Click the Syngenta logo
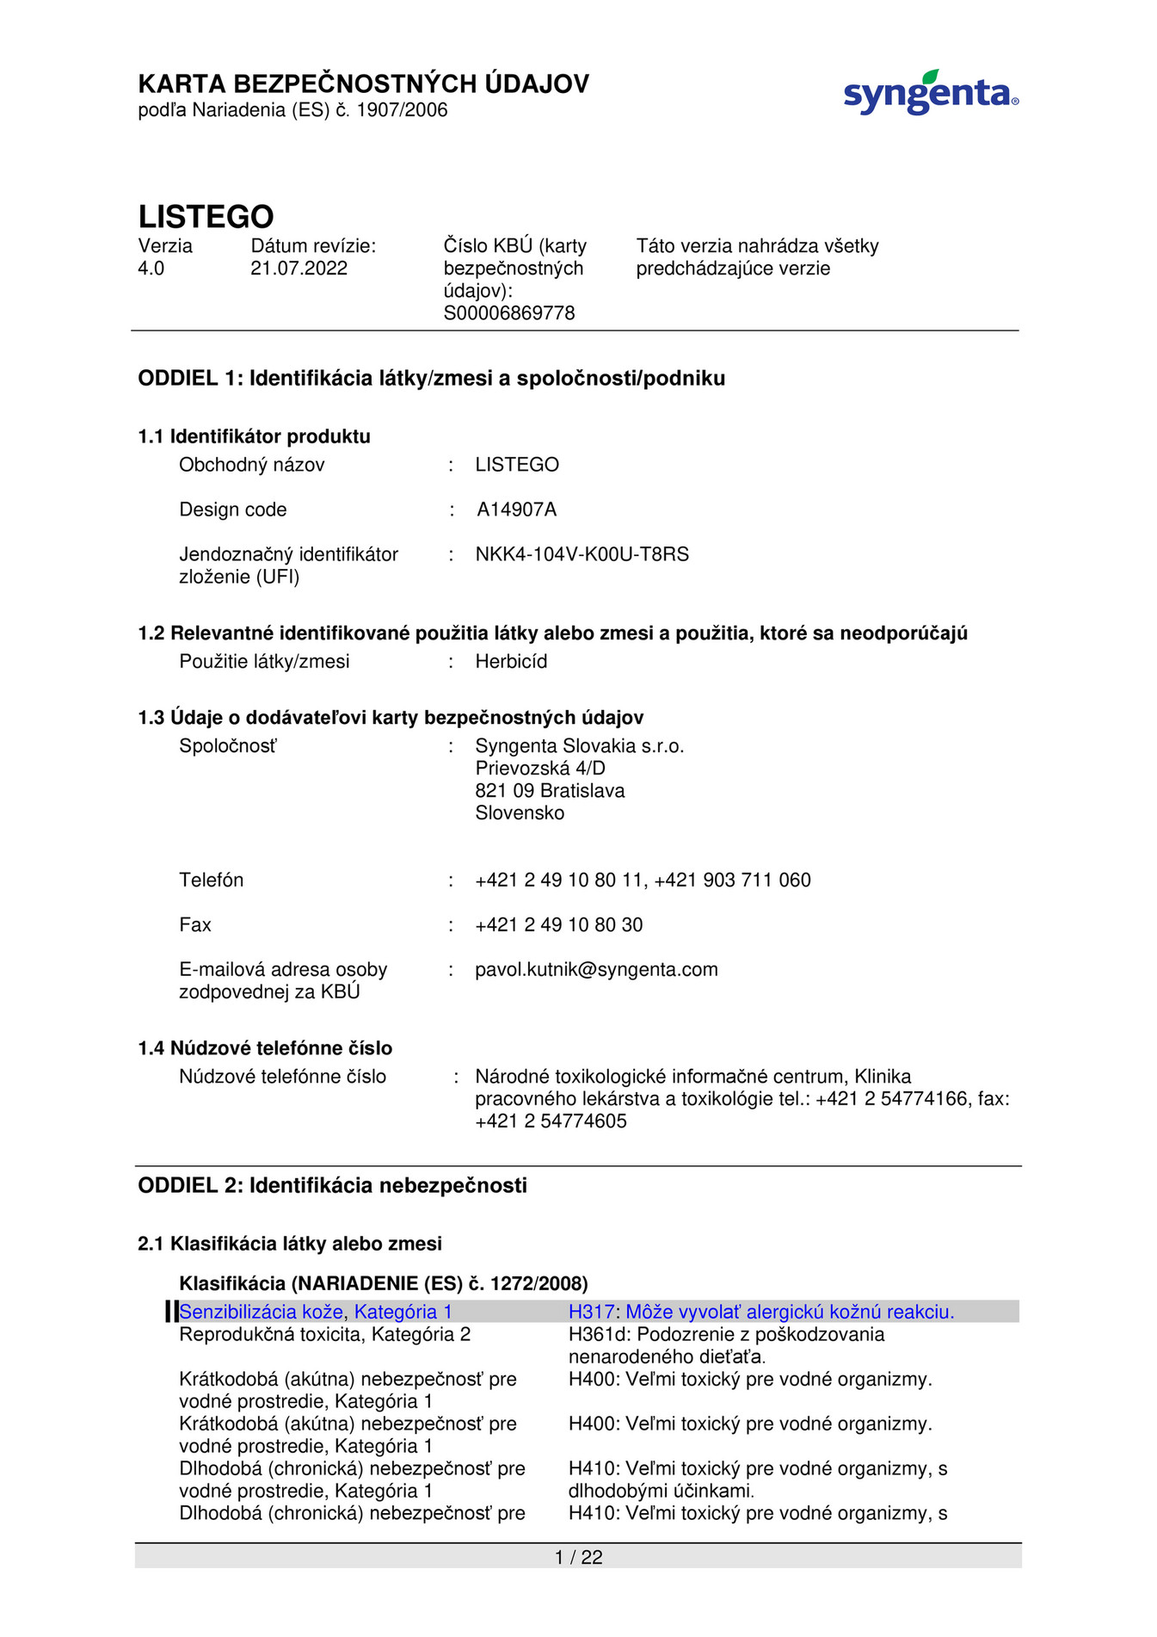pos(930,93)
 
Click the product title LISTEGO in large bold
pos(206,216)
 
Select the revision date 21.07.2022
pos(298,269)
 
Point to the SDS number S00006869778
pos(508,313)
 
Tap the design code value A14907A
pos(516,510)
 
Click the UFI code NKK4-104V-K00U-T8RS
pos(582,554)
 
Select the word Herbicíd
pos(511,662)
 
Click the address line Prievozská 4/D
pos(539,769)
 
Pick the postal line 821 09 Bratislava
pos(550,791)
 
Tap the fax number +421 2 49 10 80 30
pos(558,925)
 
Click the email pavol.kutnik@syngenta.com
pos(596,970)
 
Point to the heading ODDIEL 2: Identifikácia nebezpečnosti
pos(332,1186)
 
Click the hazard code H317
pos(591,1313)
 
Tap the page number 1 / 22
pos(578,1557)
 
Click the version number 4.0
pos(151,269)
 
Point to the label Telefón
pos(211,880)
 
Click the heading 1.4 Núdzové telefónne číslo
pos(265,1048)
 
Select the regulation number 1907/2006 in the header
pos(402,110)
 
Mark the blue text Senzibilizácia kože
pos(261,1313)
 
